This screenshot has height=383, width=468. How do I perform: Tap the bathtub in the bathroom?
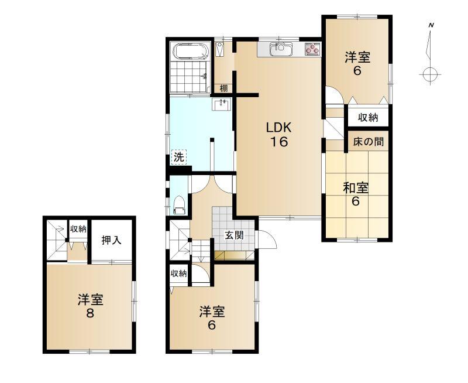[x=191, y=52]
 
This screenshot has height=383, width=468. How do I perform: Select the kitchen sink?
[x=281, y=49]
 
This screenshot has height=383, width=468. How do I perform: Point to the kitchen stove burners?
[x=312, y=49]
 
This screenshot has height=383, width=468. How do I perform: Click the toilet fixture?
[x=180, y=204]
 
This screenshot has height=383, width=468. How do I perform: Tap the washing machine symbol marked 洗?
[x=179, y=157]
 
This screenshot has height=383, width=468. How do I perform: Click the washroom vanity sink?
[x=221, y=105]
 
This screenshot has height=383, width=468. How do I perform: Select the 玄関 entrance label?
[x=234, y=235]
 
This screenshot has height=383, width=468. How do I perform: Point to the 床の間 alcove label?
[x=369, y=141]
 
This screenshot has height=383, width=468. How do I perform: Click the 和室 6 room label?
[x=356, y=194]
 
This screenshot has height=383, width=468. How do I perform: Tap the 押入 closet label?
[x=111, y=240]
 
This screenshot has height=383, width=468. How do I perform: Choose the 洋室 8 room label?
[x=91, y=306]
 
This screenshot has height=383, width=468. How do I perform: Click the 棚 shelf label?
[x=223, y=88]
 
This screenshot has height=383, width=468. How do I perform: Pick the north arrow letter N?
[x=431, y=25]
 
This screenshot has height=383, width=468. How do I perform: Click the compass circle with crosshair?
[x=430, y=74]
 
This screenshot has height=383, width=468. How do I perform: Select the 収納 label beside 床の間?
[x=368, y=118]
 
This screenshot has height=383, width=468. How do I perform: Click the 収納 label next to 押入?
[x=78, y=229]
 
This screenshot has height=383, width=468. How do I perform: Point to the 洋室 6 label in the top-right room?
[x=357, y=64]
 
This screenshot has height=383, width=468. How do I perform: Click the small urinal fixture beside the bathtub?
[x=220, y=49]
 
